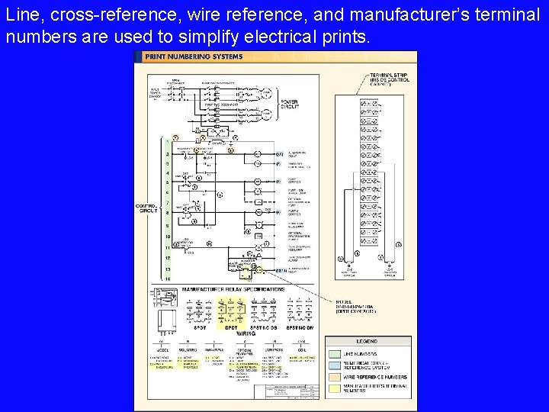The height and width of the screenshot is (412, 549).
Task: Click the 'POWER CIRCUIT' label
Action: pyautogui.click(x=290, y=104)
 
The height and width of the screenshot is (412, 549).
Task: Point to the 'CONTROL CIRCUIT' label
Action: pyautogui.click(x=146, y=208)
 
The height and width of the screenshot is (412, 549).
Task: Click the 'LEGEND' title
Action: pyautogui.click(x=368, y=342)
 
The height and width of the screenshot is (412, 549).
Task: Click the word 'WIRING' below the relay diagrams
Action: pyautogui.click(x=246, y=333)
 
